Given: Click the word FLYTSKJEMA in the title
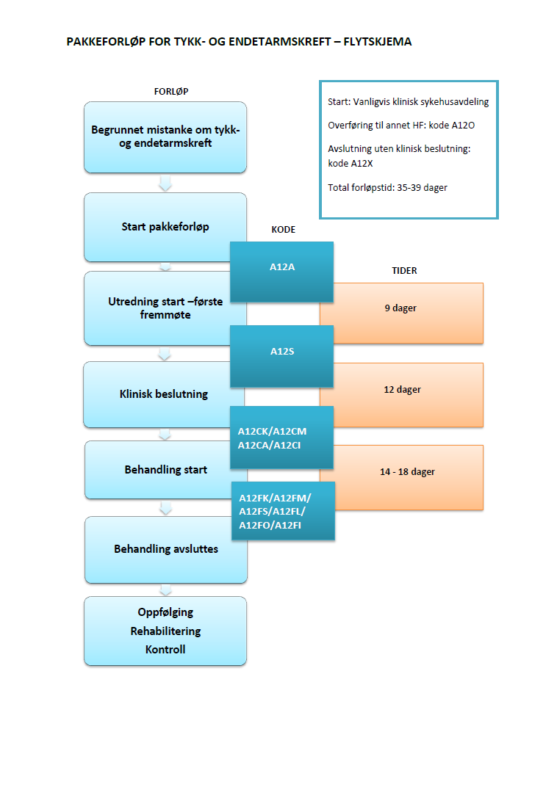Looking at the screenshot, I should point(377,42).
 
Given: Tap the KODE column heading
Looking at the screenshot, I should point(283,230).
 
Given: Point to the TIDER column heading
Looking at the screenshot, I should point(403,271).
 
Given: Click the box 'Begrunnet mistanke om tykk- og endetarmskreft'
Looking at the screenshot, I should point(165,137).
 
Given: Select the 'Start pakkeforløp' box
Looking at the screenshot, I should point(165,227).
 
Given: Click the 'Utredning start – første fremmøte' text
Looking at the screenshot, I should point(165,308).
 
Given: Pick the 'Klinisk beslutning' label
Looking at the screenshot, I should point(164,394).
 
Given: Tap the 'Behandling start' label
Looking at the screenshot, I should point(166,470).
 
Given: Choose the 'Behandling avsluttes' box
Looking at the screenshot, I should point(165,549).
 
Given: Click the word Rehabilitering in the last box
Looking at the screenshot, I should point(165,631).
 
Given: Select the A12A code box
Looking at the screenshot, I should point(282,267).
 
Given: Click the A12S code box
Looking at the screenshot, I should point(282,352).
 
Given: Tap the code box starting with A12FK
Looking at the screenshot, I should point(283,511).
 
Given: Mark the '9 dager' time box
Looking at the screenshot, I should point(401,309).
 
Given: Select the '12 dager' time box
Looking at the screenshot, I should point(401,390).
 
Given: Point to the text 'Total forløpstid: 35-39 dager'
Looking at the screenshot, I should point(387,188).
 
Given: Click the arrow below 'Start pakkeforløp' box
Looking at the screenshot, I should point(165,266).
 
